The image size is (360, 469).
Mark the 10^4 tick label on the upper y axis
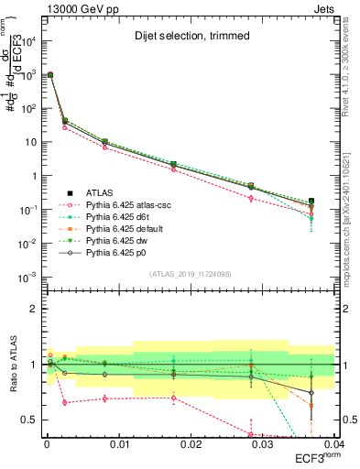click(x=27, y=41)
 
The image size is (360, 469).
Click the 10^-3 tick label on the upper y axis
click(x=27, y=277)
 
